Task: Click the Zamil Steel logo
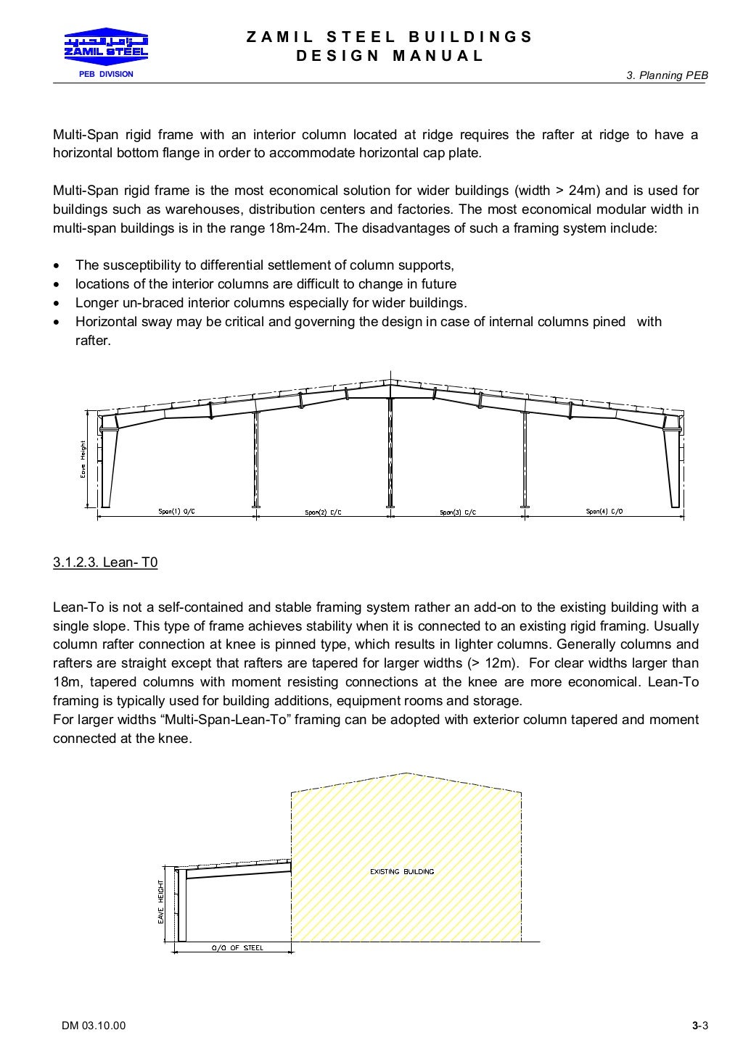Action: [x=106, y=44]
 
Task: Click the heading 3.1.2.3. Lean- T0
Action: [x=105, y=562]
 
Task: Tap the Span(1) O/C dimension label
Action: [x=176, y=512]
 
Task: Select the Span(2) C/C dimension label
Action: [x=323, y=512]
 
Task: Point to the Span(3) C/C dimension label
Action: [x=458, y=512]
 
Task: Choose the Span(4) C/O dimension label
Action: [x=604, y=512]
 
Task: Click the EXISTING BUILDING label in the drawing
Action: [x=402, y=871]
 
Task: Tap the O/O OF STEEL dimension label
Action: [x=237, y=947]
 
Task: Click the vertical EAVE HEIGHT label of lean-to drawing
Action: [x=161, y=902]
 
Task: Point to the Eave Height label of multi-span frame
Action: [x=83, y=459]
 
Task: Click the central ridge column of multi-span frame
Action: [x=390, y=449]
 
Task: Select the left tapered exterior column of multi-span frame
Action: [x=109, y=464]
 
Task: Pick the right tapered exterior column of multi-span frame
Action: [x=673, y=464]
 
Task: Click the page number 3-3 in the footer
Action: [x=699, y=1025]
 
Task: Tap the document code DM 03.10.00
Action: [x=94, y=1025]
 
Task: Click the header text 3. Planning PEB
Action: [x=667, y=75]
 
